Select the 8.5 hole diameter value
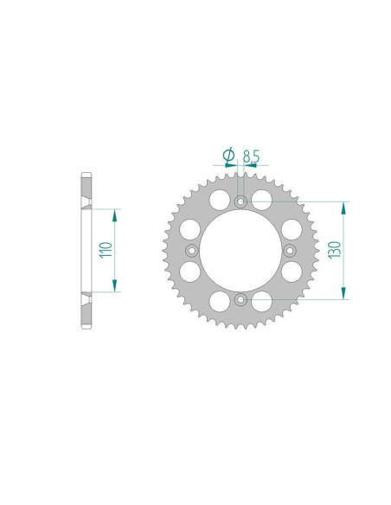(x=251, y=156)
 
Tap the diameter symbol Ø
(x=228, y=156)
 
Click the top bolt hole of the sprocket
(x=240, y=202)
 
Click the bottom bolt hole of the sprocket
(x=240, y=299)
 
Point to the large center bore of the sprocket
(x=240, y=251)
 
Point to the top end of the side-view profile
(x=85, y=176)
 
